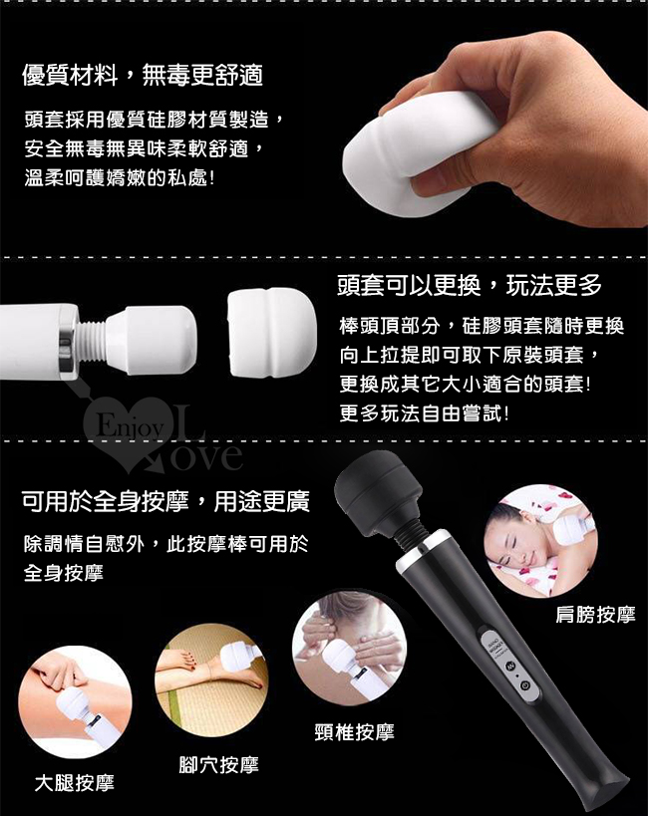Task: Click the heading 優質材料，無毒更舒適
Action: click(143, 76)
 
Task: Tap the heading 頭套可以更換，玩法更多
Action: click(470, 285)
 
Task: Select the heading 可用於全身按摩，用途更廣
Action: click(165, 502)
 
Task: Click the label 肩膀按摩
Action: click(595, 615)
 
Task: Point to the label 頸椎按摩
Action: click(355, 732)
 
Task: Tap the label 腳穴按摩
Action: click(218, 765)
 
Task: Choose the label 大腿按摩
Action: click(75, 783)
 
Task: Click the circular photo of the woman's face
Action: click(540, 541)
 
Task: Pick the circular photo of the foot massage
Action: click(211, 680)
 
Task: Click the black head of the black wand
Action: click(378, 489)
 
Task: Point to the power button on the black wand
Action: click(525, 685)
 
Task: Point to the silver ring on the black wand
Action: click(423, 550)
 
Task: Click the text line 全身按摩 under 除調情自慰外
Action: click(64, 573)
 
